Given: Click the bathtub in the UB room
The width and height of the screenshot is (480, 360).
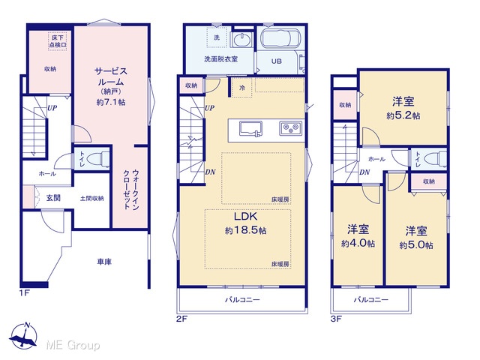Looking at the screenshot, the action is coord(280,38).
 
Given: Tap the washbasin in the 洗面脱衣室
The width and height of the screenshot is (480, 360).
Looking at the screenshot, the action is coord(241,40).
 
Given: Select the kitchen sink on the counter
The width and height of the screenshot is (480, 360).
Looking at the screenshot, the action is coord(250,128).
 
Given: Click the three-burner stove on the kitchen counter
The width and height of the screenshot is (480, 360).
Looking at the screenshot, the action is coord(291,128).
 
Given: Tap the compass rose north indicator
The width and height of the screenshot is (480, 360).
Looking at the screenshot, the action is coord(24,336).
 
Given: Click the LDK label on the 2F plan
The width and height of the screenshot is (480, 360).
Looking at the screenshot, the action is coord(245,217).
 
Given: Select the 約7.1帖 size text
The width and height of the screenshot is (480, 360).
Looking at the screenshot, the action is coord(111,102).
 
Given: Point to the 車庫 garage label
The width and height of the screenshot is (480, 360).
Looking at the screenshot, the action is coord(104,262).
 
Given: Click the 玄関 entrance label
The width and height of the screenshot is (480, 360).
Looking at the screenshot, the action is coord(53,198).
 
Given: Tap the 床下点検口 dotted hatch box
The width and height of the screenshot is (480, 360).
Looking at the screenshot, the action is coord(58,41).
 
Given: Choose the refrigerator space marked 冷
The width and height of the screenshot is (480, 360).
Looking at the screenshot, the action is coord(241,88).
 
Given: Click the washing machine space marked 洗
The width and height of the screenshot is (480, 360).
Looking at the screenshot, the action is coord(217,37).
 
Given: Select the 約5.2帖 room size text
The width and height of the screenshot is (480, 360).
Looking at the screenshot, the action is coord(403,115).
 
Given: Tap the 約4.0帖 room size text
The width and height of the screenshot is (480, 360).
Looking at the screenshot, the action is coord(358,243).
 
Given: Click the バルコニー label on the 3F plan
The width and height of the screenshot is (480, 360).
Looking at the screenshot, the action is coord(371,299).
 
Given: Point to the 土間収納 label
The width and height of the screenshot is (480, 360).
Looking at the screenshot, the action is coord(91,198).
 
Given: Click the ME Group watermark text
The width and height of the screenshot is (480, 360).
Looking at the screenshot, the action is coord(73,345).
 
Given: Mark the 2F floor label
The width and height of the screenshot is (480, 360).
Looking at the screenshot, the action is coord(181,319).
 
